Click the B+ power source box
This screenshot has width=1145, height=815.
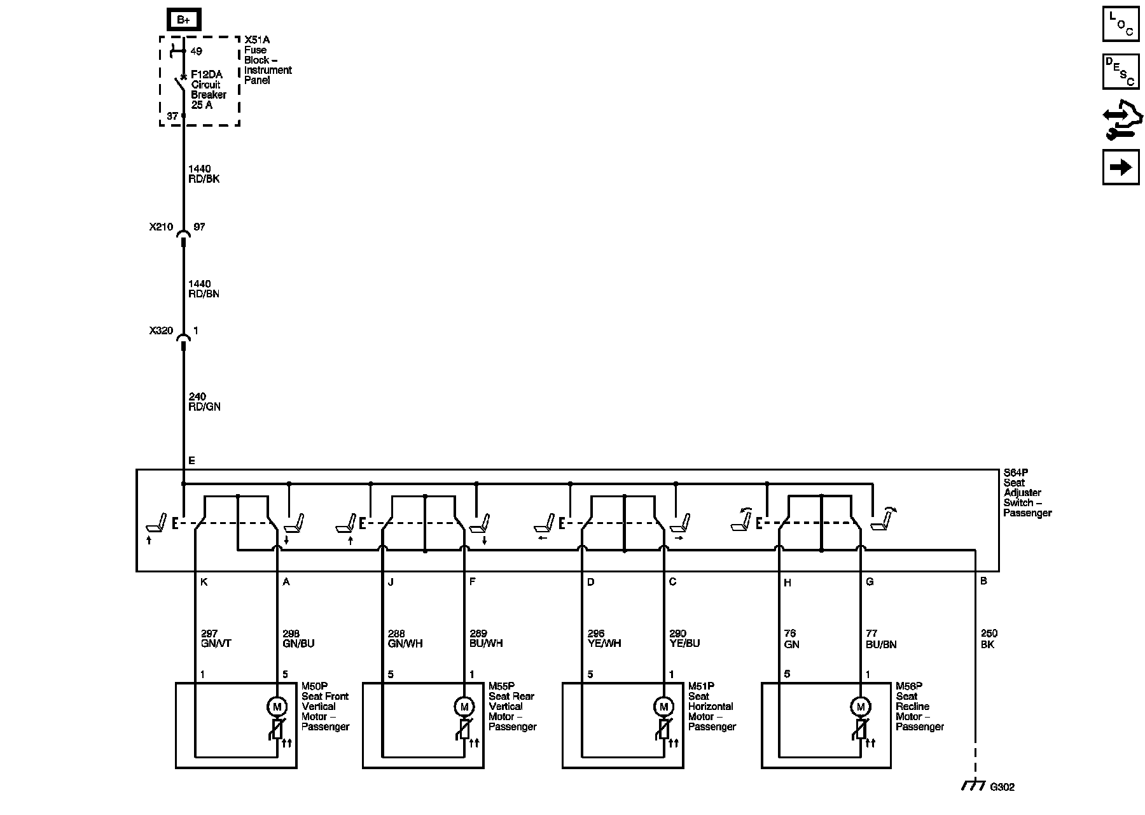[184, 20]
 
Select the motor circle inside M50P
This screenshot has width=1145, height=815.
[277, 706]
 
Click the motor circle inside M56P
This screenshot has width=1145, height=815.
[861, 706]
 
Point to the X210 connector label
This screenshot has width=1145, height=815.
[161, 227]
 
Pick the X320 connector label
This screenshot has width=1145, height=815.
[161, 330]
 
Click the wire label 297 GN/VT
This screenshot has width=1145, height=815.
[216, 639]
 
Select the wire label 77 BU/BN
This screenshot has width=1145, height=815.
[881, 639]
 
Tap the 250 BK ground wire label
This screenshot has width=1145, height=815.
[989, 639]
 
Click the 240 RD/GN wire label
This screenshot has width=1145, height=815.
[204, 402]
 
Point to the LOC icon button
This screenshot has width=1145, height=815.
[1121, 24]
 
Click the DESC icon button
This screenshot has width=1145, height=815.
[1121, 72]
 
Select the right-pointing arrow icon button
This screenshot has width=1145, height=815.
[1121, 167]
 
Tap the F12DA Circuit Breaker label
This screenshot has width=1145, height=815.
[209, 89]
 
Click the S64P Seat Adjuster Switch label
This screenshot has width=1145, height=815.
[1027, 493]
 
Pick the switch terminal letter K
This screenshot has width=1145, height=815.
[204, 582]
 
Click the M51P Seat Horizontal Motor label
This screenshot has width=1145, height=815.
[711, 707]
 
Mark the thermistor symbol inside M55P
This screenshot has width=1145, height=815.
[464, 730]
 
